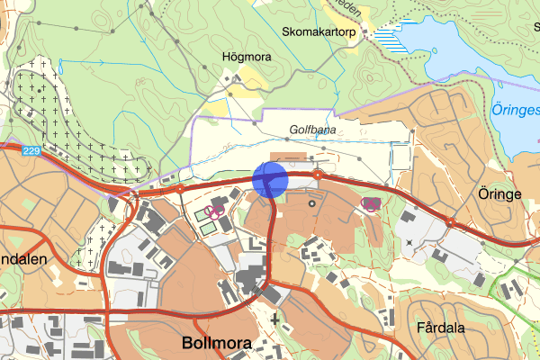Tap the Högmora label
(x=247, y=57)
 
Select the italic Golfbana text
(x=312, y=130)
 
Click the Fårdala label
(x=442, y=328)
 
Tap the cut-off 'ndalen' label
(x=21, y=258)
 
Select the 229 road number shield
(x=32, y=151)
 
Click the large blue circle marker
(x=270, y=178)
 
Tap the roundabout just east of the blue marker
(x=318, y=175)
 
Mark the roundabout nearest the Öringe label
(x=450, y=222)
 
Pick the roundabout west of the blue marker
(x=179, y=190)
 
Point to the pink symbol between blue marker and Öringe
(x=369, y=204)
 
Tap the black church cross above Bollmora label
(x=274, y=318)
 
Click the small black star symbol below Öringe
(x=409, y=242)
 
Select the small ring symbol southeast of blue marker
(x=312, y=203)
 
